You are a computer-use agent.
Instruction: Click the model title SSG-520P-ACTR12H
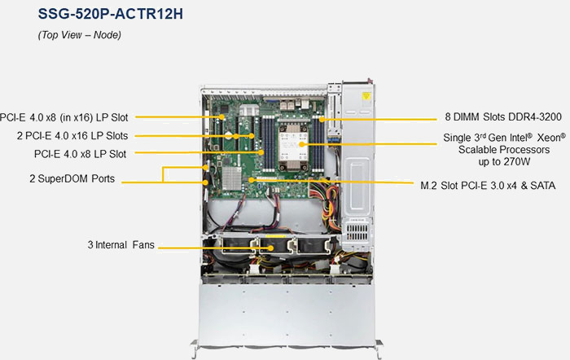pyautogui.click(x=111, y=14)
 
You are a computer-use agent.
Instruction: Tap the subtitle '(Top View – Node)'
pyautogui.click(x=80, y=35)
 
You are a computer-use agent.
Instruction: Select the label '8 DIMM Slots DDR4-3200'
pyautogui.click(x=503, y=116)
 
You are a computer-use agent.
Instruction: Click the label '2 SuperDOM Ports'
pyautogui.click(x=72, y=178)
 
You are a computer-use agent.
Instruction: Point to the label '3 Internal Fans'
pyautogui.click(x=121, y=244)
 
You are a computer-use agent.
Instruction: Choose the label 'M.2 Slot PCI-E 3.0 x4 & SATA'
pyautogui.click(x=488, y=186)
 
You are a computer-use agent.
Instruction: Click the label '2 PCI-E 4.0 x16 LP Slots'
pyautogui.click(x=72, y=136)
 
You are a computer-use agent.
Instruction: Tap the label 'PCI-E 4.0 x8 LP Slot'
pyautogui.click(x=80, y=154)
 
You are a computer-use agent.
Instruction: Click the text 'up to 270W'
pyautogui.click(x=504, y=161)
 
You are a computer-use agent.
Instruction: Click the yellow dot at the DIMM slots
pyautogui.click(x=322, y=119)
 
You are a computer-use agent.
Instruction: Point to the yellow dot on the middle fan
pyautogui.click(x=271, y=248)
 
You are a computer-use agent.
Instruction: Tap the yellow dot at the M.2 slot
pyautogui.click(x=251, y=180)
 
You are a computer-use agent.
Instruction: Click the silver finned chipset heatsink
pyautogui.click(x=231, y=178)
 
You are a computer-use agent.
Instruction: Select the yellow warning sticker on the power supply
pyautogui.click(x=366, y=96)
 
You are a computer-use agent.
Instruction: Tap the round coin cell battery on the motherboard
pyautogui.click(x=228, y=135)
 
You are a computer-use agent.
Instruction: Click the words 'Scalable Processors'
pyautogui.click(x=504, y=149)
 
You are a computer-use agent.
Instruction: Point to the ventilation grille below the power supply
pyautogui.click(x=357, y=232)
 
